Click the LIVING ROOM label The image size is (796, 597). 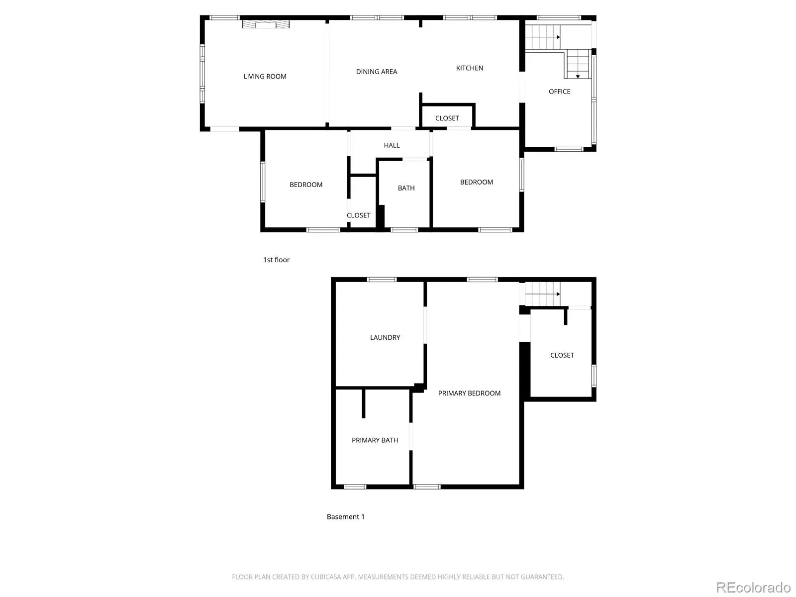point(265,77)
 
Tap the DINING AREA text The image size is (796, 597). point(377,72)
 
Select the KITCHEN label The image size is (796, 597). point(469,68)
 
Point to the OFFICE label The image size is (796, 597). point(559,92)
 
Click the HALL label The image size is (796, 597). point(392,145)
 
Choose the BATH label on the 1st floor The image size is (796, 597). point(406,188)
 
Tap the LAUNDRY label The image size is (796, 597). point(385,337)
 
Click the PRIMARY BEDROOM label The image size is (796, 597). point(469,394)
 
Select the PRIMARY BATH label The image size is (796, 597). point(375,440)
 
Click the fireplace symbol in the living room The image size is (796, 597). point(266,24)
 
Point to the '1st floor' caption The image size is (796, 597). point(276,260)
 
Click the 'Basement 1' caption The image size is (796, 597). point(345,516)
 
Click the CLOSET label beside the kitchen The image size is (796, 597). point(447,118)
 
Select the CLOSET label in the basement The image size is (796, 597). point(562,355)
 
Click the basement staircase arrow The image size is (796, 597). point(558,294)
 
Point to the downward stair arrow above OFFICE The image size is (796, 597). point(578,77)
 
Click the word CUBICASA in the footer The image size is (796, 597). point(325,577)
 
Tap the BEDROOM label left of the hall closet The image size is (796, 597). point(305,185)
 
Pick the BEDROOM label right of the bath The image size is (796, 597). point(476,182)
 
